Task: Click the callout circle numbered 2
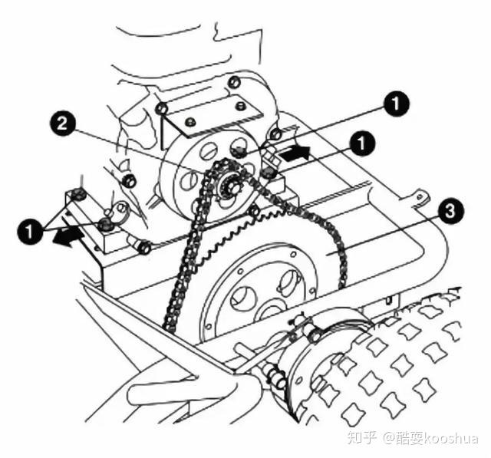pos(62,124)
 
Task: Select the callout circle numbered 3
pos(450,211)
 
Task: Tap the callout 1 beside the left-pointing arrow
pos(29,232)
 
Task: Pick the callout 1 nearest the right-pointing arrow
pos(361,143)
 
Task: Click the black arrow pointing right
pos(295,153)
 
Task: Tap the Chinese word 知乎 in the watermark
pos(361,437)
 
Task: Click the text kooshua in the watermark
pos(451,437)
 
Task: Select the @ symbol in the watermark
pos(389,438)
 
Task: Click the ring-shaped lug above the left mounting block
pos(120,209)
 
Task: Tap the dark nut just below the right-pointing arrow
pos(268,173)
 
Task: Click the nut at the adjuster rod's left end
pos(145,249)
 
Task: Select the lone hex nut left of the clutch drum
pos(128,181)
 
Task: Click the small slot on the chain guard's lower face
pos(389,301)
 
